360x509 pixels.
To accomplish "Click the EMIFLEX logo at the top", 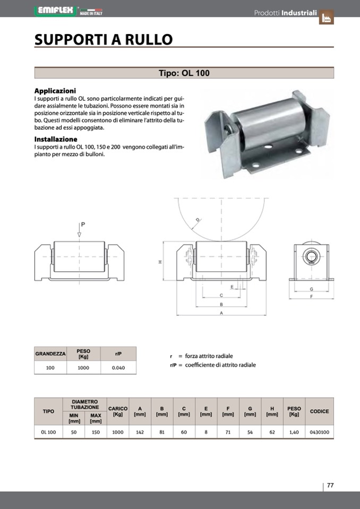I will click(x=56, y=10).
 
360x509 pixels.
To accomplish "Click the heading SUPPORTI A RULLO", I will click(x=104, y=39).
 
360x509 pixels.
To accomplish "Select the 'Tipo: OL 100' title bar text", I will click(x=184, y=73).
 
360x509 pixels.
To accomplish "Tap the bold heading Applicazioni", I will click(x=55, y=91).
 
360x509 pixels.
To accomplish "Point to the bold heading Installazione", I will click(x=56, y=139).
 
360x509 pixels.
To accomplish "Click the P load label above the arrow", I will click(x=83, y=225).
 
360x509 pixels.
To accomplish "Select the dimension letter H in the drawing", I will click(x=159, y=262).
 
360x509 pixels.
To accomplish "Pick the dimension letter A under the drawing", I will click(x=220, y=314).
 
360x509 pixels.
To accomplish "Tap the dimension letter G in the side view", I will click(x=311, y=289).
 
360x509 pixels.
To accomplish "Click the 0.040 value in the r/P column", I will click(x=118, y=367).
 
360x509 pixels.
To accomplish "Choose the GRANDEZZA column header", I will click(x=50, y=353).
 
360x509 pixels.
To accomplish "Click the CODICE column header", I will click(x=319, y=411).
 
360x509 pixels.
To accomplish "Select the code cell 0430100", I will click(x=319, y=432).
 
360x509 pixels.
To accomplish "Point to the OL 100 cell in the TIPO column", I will click(x=48, y=432).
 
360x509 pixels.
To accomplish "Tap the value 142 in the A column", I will click(x=140, y=432).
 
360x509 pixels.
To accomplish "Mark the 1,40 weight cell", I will click(x=294, y=432).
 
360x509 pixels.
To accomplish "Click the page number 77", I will click(x=330, y=485).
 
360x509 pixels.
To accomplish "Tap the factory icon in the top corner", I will click(x=327, y=18).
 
